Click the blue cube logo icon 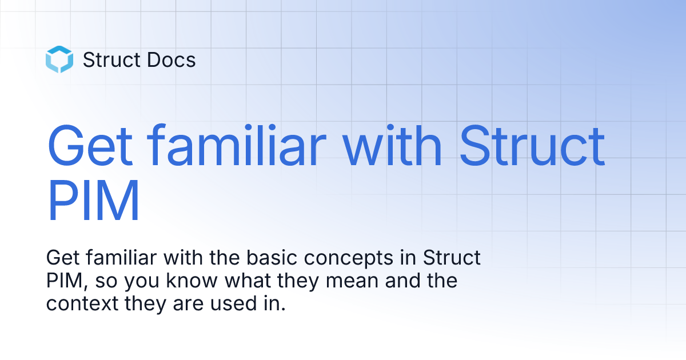59,59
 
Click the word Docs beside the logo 171,59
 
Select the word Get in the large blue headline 90,145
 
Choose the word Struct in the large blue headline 532,145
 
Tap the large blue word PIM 94,200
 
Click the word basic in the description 272,258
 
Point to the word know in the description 192,281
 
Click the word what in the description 248,281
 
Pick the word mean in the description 352,281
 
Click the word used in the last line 234,303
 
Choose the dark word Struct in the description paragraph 452,258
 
